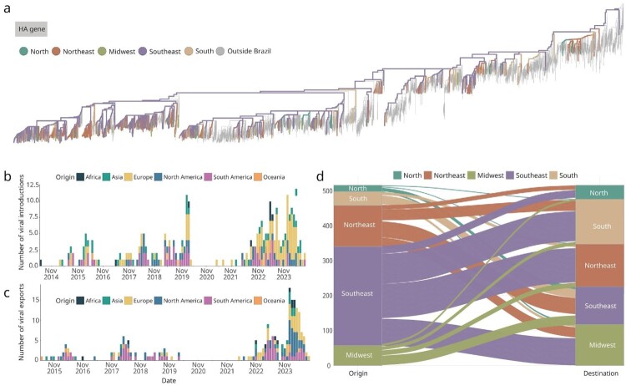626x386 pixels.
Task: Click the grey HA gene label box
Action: (x=31, y=29)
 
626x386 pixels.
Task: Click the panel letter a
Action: (x=7, y=8)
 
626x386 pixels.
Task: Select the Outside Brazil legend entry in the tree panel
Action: (x=244, y=51)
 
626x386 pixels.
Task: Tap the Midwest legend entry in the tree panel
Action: (x=117, y=51)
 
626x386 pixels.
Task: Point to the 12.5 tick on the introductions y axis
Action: (x=33, y=185)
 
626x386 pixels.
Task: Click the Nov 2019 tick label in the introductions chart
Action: (x=182, y=274)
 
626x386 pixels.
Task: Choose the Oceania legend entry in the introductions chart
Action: (x=270, y=177)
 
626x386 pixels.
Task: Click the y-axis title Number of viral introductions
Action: (x=22, y=222)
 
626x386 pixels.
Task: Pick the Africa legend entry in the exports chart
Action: (x=88, y=301)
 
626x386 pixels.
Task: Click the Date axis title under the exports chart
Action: (x=169, y=380)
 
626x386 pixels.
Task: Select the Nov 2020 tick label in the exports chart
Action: (x=198, y=368)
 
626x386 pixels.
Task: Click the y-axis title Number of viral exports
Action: (x=22, y=322)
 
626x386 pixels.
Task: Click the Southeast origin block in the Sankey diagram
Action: (x=358, y=296)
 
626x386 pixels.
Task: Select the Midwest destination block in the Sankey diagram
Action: (x=599, y=345)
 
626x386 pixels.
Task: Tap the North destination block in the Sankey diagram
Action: (x=599, y=192)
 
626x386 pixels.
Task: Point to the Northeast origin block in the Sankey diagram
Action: (x=358, y=226)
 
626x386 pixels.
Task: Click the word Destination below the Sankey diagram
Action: (x=601, y=373)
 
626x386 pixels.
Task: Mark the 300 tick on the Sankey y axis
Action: (x=327, y=261)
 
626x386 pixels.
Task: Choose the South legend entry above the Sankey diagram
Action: (x=563, y=175)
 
